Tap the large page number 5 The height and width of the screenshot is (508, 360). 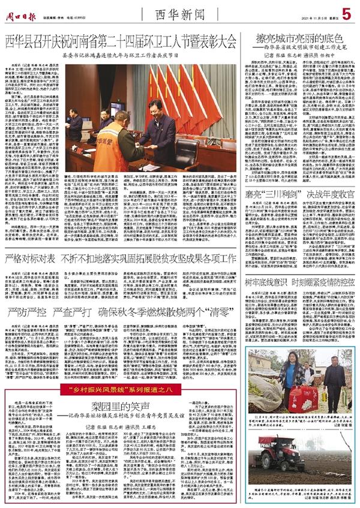[346, 13]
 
